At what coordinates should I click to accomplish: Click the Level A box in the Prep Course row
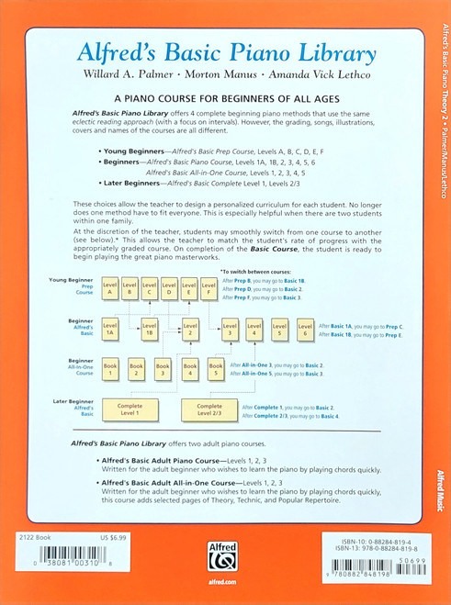coord(109,289)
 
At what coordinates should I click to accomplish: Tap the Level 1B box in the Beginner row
coord(149,329)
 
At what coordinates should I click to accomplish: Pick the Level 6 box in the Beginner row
coord(305,329)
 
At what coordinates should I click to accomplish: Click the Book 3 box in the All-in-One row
coord(163,369)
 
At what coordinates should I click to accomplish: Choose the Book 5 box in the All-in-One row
coord(216,369)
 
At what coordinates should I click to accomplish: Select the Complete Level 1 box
coord(130,409)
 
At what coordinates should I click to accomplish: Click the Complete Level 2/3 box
coord(209,409)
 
